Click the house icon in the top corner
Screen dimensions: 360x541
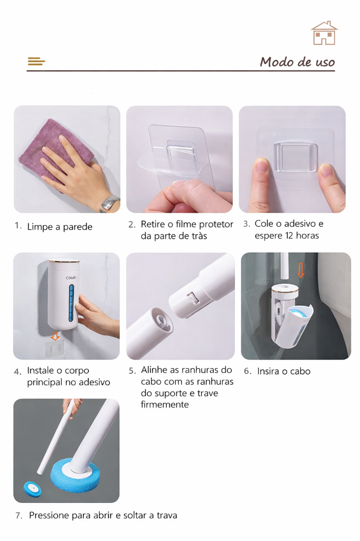tap(324, 33)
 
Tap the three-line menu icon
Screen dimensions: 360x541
tap(36, 61)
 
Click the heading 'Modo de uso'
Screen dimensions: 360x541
tap(297, 62)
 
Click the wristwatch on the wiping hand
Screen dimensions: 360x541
tap(110, 203)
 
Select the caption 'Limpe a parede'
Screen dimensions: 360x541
tap(60, 227)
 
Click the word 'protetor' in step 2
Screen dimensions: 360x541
tap(216, 224)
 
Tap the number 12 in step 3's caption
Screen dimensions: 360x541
tap(289, 236)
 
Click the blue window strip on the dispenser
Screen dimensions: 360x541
tap(71, 303)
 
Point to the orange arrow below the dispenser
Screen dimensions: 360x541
tap(55, 336)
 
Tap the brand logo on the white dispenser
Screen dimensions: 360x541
tap(71, 278)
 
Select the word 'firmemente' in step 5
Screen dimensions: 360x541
tap(165, 404)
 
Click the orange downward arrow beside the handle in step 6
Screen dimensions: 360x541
tap(301, 270)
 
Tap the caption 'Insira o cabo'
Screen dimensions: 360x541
tap(284, 371)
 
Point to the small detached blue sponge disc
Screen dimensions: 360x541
tap(32, 488)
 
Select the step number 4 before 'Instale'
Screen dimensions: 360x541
tap(17, 372)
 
